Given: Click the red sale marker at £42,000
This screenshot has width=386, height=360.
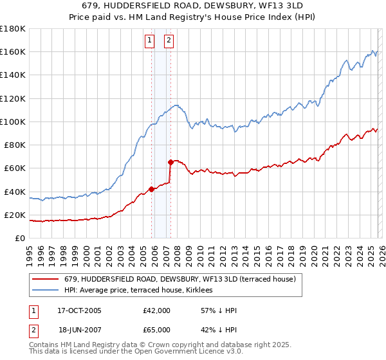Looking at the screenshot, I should pos(152,189).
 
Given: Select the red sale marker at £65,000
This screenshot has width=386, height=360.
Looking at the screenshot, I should pos(170,162).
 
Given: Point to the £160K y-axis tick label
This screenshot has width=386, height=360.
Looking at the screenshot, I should pos(13,51).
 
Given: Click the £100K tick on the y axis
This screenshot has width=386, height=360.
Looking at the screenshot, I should pos(13,122).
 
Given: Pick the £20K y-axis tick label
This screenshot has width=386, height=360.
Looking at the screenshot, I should pos(15,215).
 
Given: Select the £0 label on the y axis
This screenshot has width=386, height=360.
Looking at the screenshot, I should pos(20,238).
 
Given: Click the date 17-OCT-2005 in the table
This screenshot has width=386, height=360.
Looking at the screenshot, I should pos(79,310).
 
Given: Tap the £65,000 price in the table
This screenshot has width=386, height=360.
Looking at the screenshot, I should pos(157,329).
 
